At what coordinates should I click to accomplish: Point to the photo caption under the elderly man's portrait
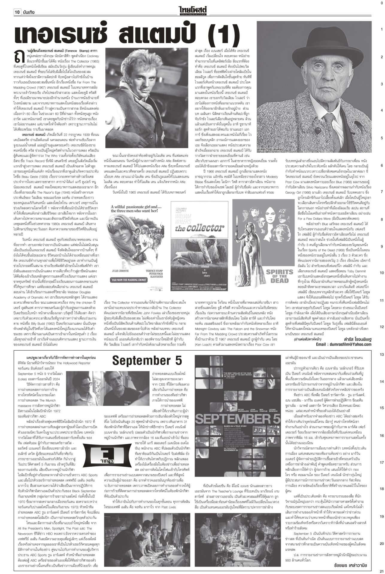(x=272, y=149)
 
